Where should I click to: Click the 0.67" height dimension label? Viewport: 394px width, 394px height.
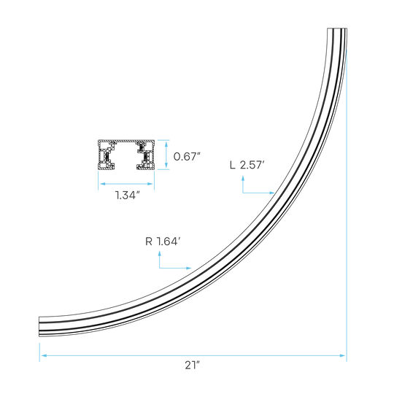pyautogui.click(x=187, y=157)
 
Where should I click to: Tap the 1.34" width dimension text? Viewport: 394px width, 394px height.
pyautogui.click(x=127, y=195)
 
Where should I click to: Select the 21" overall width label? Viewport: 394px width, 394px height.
pyautogui.click(x=192, y=365)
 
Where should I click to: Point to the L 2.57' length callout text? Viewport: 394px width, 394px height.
pyautogui.click(x=247, y=165)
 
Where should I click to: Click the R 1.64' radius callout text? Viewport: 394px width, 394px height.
pyautogui.click(x=163, y=242)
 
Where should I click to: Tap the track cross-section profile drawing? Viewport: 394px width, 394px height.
pyautogui.click(x=126, y=155)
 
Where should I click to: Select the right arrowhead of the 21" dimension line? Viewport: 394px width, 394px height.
pyautogui.click(x=342, y=355)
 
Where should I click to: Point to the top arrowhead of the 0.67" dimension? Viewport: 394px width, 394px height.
pyautogui.click(x=166, y=144)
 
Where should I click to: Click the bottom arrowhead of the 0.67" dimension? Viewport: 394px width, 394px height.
pyautogui.click(x=166, y=165)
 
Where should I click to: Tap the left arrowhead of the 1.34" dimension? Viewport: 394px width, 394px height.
pyautogui.click(x=103, y=184)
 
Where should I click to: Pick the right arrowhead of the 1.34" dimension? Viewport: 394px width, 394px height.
pyautogui.click(x=150, y=184)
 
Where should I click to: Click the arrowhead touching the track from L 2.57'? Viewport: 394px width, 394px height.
pyautogui.click(x=271, y=193)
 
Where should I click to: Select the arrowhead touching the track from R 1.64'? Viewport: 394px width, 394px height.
pyautogui.click(x=188, y=268)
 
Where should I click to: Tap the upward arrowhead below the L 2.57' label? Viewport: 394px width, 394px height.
pyautogui.click(x=243, y=179)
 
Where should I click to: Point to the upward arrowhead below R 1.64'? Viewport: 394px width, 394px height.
pyautogui.click(x=160, y=254)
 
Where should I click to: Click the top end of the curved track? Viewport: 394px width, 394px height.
pyautogui.click(x=337, y=28)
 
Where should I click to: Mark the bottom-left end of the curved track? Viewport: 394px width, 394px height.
pyautogui.click(x=39, y=326)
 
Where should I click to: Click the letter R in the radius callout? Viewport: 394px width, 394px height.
pyautogui.click(x=149, y=242)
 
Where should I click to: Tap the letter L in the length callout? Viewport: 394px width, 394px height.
pyautogui.click(x=233, y=166)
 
